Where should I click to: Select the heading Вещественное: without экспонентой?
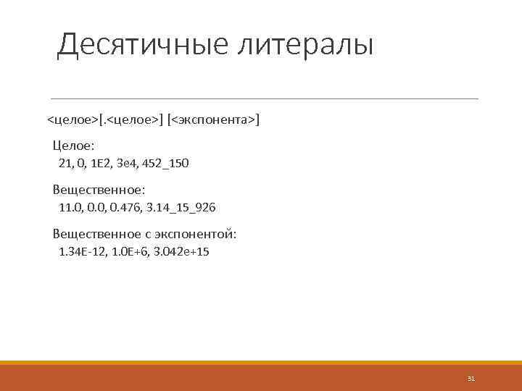click(99, 190)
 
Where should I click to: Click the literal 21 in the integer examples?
click(65, 164)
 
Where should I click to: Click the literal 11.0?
click(70, 208)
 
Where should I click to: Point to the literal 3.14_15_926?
click(181, 208)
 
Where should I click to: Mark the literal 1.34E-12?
click(82, 252)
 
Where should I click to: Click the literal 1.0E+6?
click(130, 252)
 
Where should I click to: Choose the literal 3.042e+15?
click(182, 252)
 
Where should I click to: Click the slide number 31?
click(471, 379)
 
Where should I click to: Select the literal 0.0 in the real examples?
click(96, 208)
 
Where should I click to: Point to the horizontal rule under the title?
click(264, 98)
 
